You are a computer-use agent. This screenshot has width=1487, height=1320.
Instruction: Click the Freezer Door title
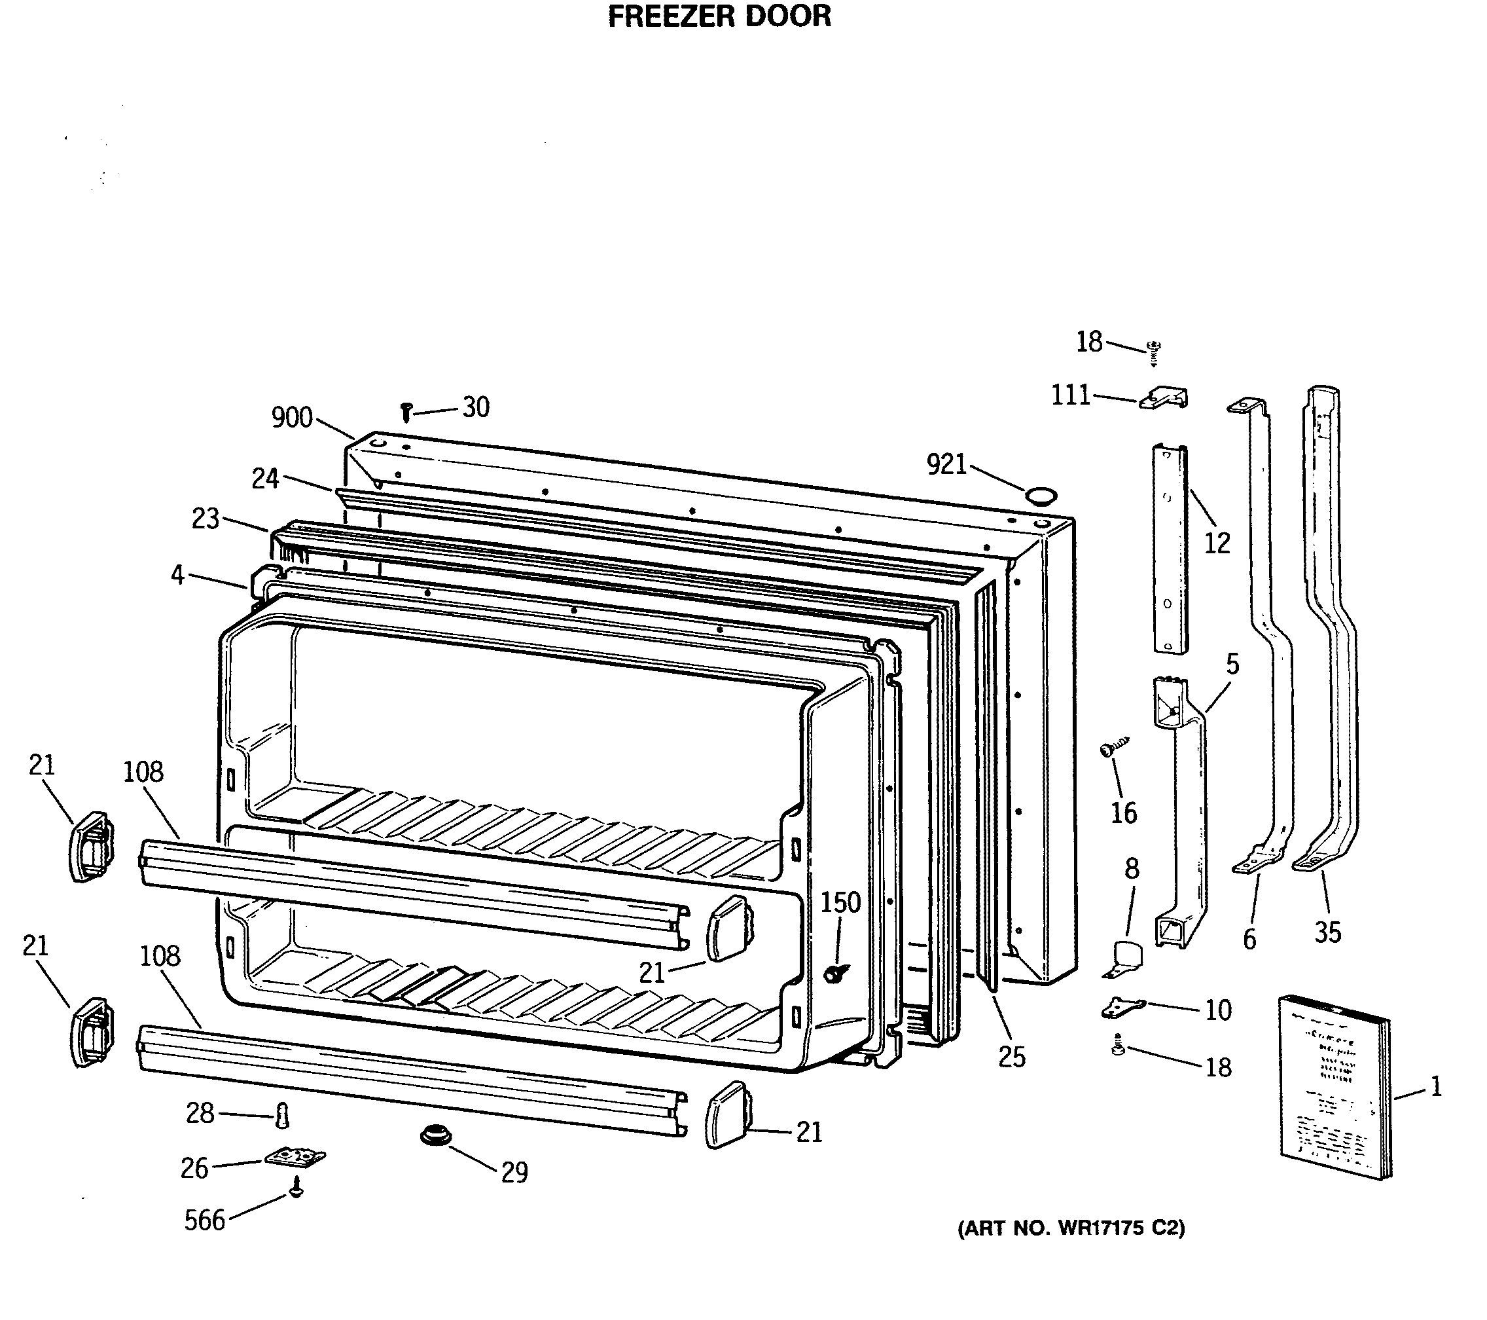(719, 16)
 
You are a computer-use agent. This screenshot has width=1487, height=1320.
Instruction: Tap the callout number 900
(292, 418)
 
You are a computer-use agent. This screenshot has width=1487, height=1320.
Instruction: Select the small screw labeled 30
(406, 412)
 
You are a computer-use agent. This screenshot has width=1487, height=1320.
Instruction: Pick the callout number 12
(1217, 543)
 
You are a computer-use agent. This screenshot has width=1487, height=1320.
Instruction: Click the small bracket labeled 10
(1122, 1008)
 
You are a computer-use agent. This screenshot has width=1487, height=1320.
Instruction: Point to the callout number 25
(1011, 1057)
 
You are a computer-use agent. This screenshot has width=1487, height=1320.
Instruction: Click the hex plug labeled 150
(834, 974)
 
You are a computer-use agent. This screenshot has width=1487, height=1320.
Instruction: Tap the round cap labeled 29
(436, 1135)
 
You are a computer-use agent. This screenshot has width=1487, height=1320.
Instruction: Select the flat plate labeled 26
(295, 1156)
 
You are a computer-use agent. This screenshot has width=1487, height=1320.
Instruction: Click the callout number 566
(204, 1220)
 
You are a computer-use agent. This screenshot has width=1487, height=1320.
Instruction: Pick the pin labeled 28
(283, 1116)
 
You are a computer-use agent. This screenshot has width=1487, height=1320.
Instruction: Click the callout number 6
(1249, 940)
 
